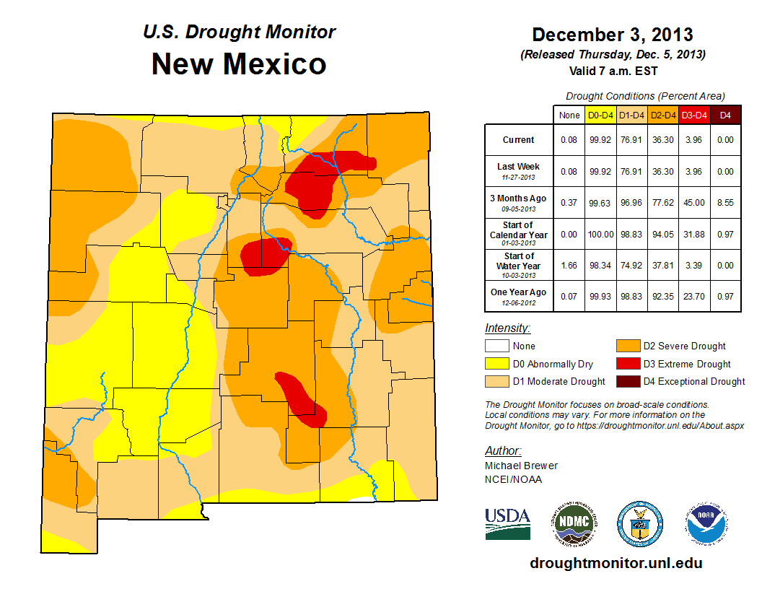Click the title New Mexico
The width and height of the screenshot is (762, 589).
coord(238,64)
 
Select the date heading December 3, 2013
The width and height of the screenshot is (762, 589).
coord(612,35)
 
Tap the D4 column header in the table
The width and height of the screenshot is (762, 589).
coord(726,115)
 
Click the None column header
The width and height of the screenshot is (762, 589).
coord(569,115)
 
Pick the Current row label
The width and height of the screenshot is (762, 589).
coord(519,140)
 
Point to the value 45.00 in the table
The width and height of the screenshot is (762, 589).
coord(694,203)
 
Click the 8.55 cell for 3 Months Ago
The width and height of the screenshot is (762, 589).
coord(726,203)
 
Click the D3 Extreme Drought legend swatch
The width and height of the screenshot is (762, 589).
coord(626,364)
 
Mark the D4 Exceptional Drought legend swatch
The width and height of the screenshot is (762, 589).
coord(626,381)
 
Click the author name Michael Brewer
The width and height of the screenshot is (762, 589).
coord(521,466)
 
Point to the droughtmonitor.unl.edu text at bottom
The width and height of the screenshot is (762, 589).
coord(616,563)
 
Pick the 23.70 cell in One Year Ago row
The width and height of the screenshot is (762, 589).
coord(694,297)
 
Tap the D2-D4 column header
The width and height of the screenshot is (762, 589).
coord(662,115)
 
